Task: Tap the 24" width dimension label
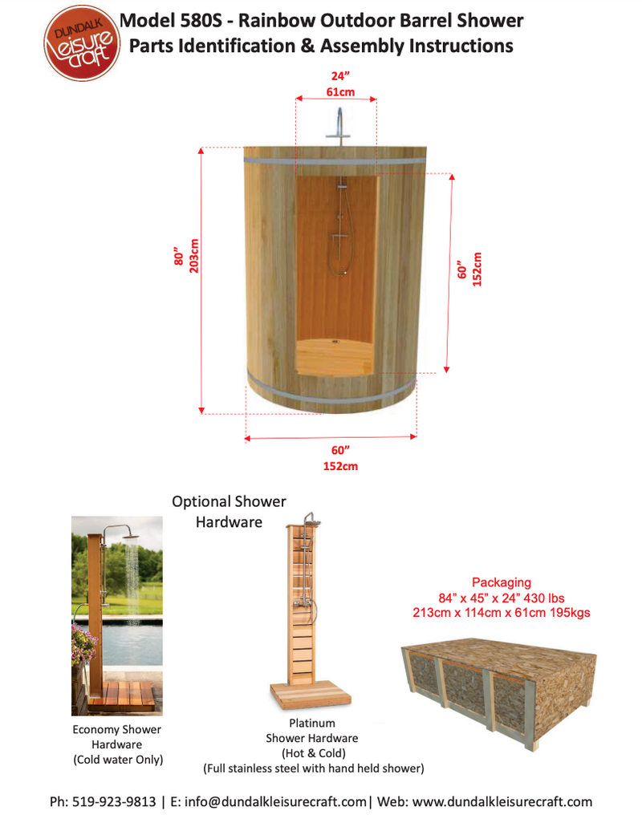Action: pyautogui.click(x=339, y=77)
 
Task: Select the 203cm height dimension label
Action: pyautogui.click(x=194, y=256)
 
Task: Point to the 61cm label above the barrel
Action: pyautogui.click(x=339, y=91)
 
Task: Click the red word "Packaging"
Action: pyautogui.click(x=501, y=582)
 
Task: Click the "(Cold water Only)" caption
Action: pyautogui.click(x=116, y=760)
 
